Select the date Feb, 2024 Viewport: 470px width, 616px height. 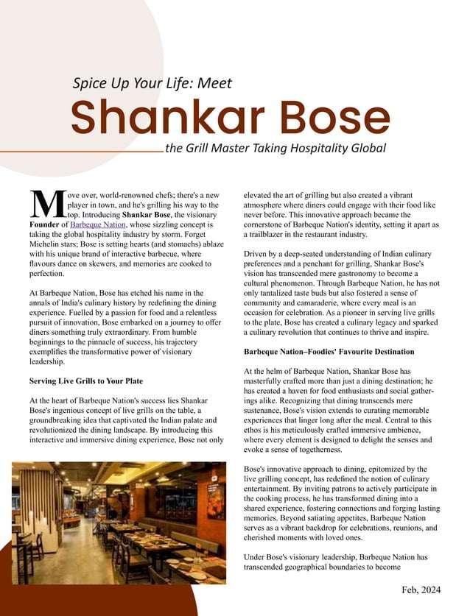point(423,590)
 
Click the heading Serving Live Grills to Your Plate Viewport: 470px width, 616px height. point(85,381)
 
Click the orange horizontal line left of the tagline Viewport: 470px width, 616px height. point(81,152)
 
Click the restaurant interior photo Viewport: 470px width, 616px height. point(119,520)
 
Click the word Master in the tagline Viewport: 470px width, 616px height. point(223,148)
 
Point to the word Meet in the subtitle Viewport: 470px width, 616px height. point(215,83)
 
